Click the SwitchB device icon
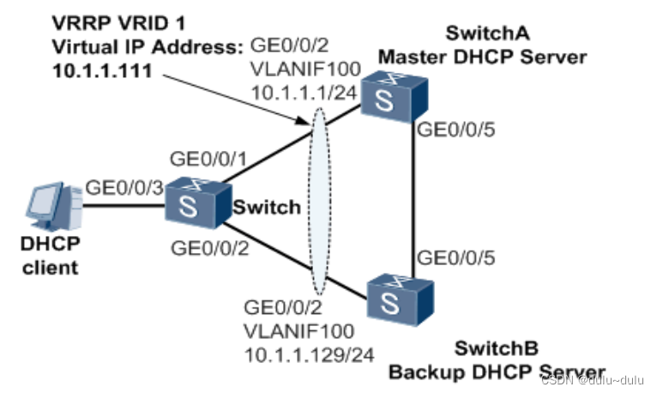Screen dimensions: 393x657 pos(399,299)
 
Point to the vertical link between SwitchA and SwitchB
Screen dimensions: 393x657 pos(414,197)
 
